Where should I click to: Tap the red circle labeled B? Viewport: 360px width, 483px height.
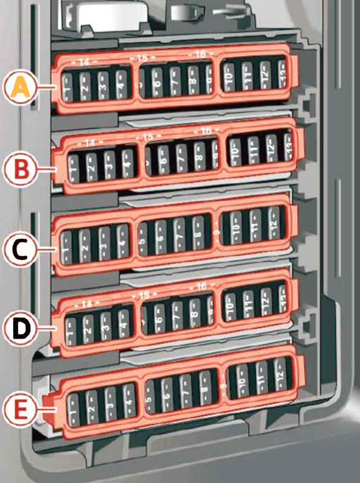point(21,169)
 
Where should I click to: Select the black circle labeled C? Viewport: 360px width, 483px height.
point(21,248)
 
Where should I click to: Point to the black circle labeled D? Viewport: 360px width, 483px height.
point(21,329)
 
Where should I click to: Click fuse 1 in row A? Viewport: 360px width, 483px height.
point(68,88)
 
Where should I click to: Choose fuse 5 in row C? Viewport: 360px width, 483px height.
point(143,239)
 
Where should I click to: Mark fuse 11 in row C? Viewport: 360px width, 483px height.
point(255,229)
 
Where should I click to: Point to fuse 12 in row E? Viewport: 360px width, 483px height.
point(280,377)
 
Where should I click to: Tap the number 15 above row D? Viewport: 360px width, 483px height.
point(143,295)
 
